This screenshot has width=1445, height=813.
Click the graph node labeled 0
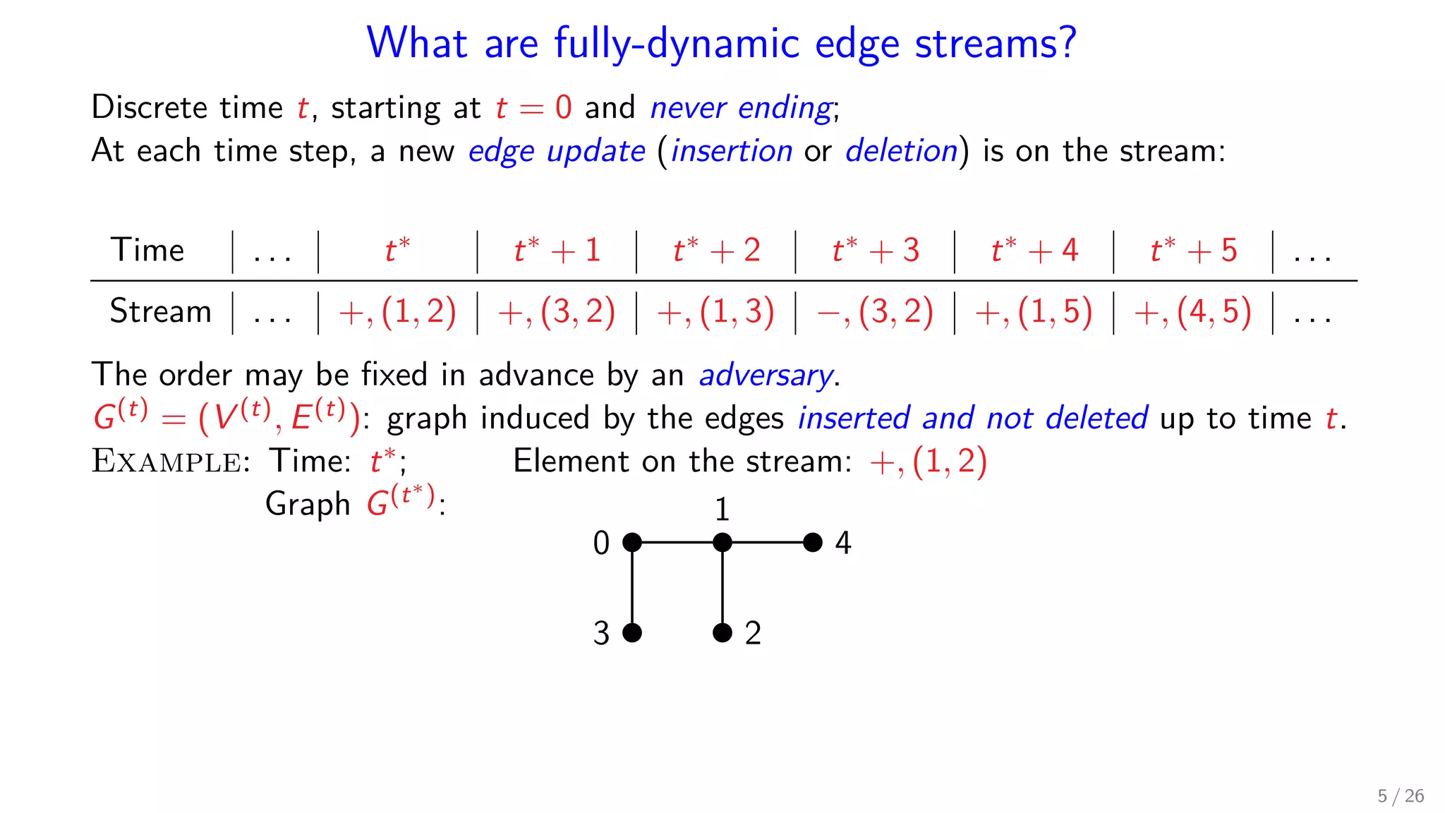coord(632,542)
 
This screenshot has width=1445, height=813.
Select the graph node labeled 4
coord(813,542)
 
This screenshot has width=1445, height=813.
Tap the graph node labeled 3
coord(632,632)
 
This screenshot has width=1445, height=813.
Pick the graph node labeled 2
coord(722,632)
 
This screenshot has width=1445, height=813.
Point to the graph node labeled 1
coord(722,542)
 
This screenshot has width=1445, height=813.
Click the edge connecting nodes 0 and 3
coord(632,587)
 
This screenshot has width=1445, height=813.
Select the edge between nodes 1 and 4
coord(768,542)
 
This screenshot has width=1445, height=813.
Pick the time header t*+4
coord(1034,251)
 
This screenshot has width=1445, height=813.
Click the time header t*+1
coord(557,251)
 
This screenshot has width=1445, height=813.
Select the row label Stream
coord(160,311)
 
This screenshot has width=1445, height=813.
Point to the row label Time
coord(147,251)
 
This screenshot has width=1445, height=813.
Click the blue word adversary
coord(766,375)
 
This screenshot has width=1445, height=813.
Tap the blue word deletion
coord(901,151)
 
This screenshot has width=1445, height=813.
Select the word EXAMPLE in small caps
coord(167,462)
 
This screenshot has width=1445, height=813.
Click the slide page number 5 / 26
coord(1401,796)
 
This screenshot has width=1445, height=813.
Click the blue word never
coord(687,108)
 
